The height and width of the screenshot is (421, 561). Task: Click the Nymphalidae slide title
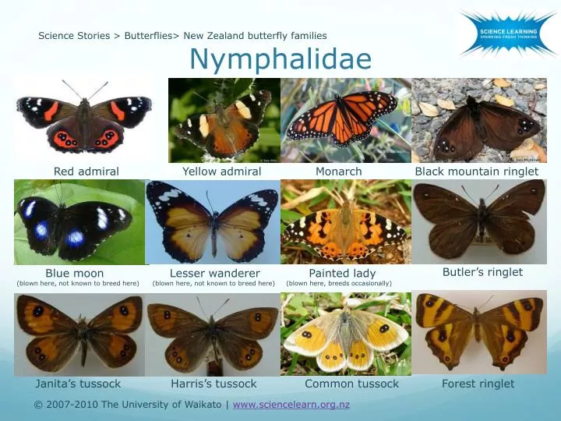280,59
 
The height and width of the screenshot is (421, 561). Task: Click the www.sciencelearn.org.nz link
291,405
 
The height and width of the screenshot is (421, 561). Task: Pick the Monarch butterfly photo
344,120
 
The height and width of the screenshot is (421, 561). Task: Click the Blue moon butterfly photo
79,222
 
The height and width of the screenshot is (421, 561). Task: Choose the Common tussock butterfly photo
345,334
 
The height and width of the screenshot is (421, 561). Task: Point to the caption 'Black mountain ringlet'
477,172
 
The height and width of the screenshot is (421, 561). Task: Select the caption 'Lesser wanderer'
215,274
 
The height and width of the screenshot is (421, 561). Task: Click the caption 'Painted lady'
342,274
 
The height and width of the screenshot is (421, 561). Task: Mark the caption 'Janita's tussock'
78,384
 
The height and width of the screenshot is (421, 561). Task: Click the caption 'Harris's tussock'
213,384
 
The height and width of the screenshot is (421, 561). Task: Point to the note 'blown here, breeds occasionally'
339,283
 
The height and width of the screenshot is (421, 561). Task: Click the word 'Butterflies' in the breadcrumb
149,36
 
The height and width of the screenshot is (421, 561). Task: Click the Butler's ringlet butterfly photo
479,222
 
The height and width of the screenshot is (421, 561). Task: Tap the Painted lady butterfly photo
345,222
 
